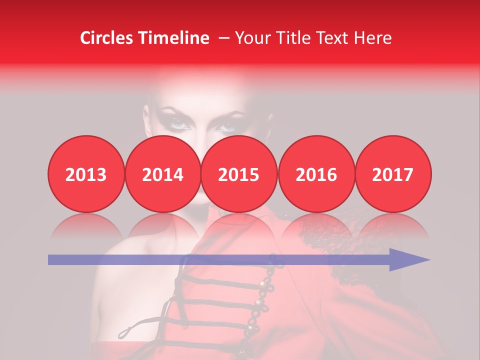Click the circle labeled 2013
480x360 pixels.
click(x=86, y=174)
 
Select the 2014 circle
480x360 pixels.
click(x=162, y=174)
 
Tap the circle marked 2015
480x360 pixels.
click(x=239, y=174)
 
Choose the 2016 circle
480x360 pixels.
click(x=316, y=174)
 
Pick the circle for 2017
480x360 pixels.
click(x=392, y=174)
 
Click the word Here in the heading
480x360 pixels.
click(x=373, y=38)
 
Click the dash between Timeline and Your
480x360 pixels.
click(x=223, y=38)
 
